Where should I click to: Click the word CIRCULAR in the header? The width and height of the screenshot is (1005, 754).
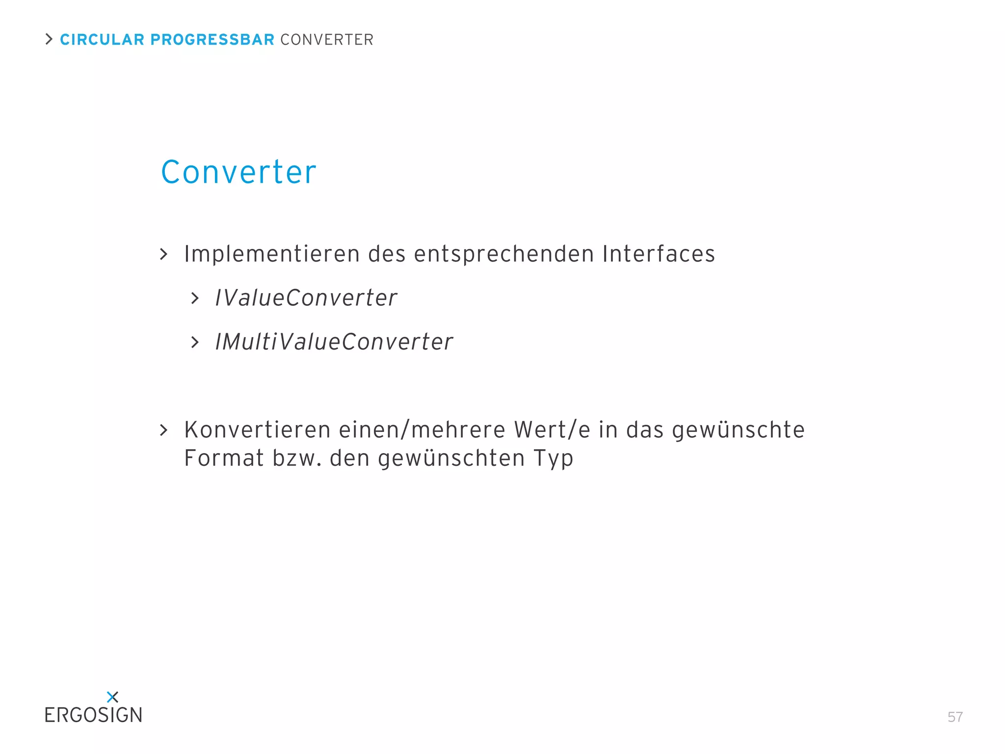click(x=102, y=40)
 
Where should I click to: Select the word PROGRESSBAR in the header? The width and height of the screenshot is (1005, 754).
click(x=212, y=40)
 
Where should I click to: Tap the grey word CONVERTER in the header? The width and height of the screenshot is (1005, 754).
click(x=327, y=40)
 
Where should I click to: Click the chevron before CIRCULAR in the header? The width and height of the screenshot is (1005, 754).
click(x=49, y=39)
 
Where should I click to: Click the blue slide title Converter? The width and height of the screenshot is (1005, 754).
click(x=238, y=172)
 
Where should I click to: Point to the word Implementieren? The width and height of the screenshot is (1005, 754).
click(x=272, y=254)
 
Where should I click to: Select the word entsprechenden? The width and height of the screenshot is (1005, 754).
click(x=504, y=254)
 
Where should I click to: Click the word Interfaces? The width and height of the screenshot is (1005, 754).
click(x=659, y=254)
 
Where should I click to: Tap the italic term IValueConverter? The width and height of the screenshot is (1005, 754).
click(x=306, y=298)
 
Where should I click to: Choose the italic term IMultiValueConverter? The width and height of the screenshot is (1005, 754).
click(x=334, y=342)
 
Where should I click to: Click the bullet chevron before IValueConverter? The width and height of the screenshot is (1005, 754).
click(x=195, y=298)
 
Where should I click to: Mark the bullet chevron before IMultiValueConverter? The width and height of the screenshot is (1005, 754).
click(x=195, y=343)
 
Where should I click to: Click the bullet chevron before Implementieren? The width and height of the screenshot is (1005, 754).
click(x=164, y=254)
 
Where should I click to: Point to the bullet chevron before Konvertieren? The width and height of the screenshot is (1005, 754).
click(x=164, y=431)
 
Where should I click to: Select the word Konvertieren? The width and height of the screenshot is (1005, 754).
click(x=258, y=430)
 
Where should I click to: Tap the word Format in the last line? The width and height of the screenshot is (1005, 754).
click(x=224, y=458)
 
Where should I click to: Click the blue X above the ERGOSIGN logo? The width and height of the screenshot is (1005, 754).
click(x=112, y=697)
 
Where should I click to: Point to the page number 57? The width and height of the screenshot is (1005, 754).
click(x=955, y=717)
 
